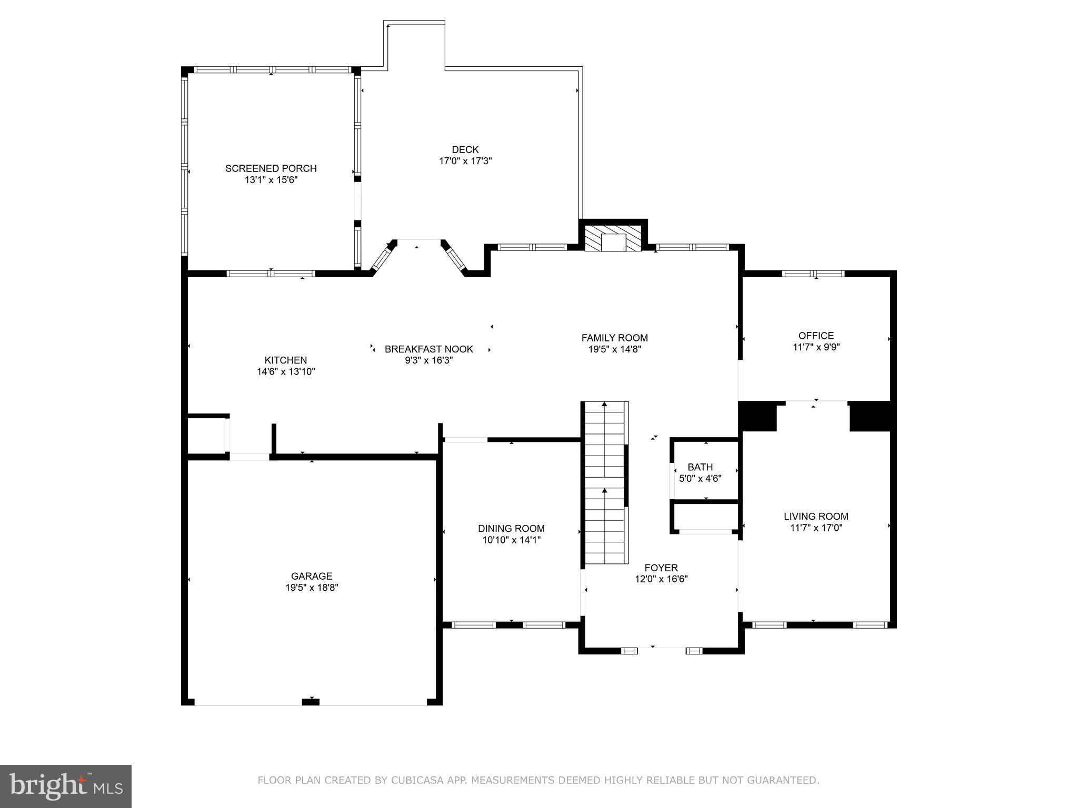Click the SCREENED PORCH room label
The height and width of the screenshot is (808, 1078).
coord(271,168)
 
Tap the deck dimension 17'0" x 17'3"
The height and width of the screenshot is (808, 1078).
coord(465,161)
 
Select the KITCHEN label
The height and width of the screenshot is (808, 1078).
coord(285,360)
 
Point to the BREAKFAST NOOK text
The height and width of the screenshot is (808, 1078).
coord(428,349)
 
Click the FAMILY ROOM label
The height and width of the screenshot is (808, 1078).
coord(614,338)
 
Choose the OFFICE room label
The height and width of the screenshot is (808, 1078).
coord(816,336)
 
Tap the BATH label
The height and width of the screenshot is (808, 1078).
coord(700,467)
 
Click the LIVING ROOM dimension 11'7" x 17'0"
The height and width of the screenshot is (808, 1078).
coord(816,528)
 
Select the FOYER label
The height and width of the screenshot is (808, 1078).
coord(661,568)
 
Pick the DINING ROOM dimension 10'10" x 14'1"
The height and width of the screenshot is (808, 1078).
coord(511,540)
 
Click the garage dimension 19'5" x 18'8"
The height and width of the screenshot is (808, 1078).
coord(312,588)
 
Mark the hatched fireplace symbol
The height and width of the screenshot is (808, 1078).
coord(613,239)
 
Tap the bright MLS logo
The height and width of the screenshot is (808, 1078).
coord(66,786)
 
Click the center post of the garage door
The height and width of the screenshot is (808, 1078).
coord(311,701)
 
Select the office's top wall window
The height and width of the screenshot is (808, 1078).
coord(813,274)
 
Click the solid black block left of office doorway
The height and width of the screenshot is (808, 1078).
coord(757,416)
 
